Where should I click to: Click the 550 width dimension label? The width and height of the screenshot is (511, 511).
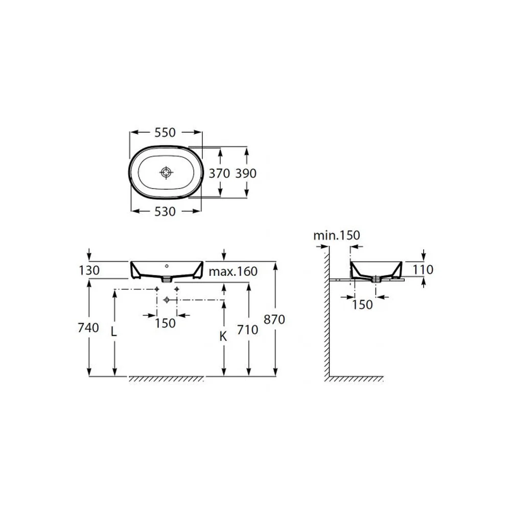pyautogui.click(x=165, y=132)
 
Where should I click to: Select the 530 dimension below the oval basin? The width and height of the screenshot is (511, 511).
pyautogui.click(x=165, y=212)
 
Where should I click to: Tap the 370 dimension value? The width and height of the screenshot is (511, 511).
pyautogui.click(x=219, y=173)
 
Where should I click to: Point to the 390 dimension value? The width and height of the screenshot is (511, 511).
pyautogui.click(x=246, y=173)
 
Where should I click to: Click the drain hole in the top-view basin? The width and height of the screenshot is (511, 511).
pyautogui.click(x=166, y=172)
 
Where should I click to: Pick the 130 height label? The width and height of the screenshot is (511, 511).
pyautogui.click(x=89, y=270)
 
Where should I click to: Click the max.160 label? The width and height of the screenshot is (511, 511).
pyautogui.click(x=233, y=271)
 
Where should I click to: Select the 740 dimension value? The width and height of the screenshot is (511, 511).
pyautogui.click(x=88, y=328)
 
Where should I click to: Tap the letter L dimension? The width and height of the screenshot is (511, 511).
pyautogui.click(x=113, y=332)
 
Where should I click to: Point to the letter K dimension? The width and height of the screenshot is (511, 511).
pyautogui.click(x=223, y=336)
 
